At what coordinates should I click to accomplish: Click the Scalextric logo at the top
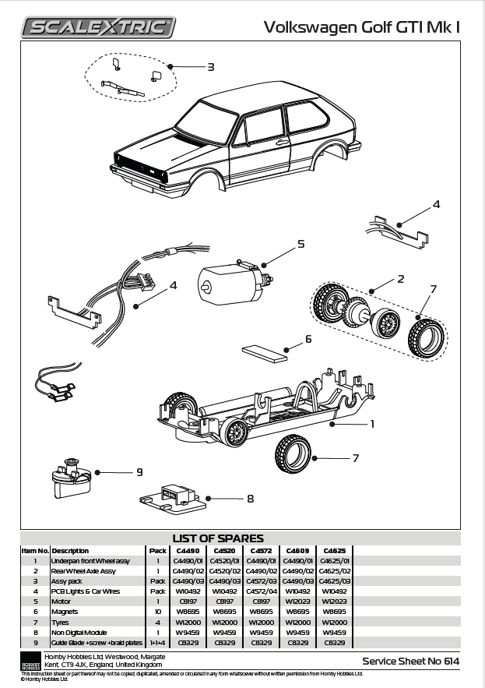click(99, 28)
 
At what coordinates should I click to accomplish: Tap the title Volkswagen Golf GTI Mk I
click(362, 27)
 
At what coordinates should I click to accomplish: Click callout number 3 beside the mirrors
click(210, 67)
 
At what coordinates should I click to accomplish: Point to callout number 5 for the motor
click(300, 245)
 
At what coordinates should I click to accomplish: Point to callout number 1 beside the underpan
click(372, 425)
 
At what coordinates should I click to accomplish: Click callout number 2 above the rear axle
click(400, 278)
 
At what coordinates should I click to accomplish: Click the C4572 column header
click(261, 550)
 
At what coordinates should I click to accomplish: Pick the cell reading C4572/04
click(261, 591)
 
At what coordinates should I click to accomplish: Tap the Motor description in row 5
click(62, 601)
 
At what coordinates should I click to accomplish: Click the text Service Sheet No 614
click(410, 661)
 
